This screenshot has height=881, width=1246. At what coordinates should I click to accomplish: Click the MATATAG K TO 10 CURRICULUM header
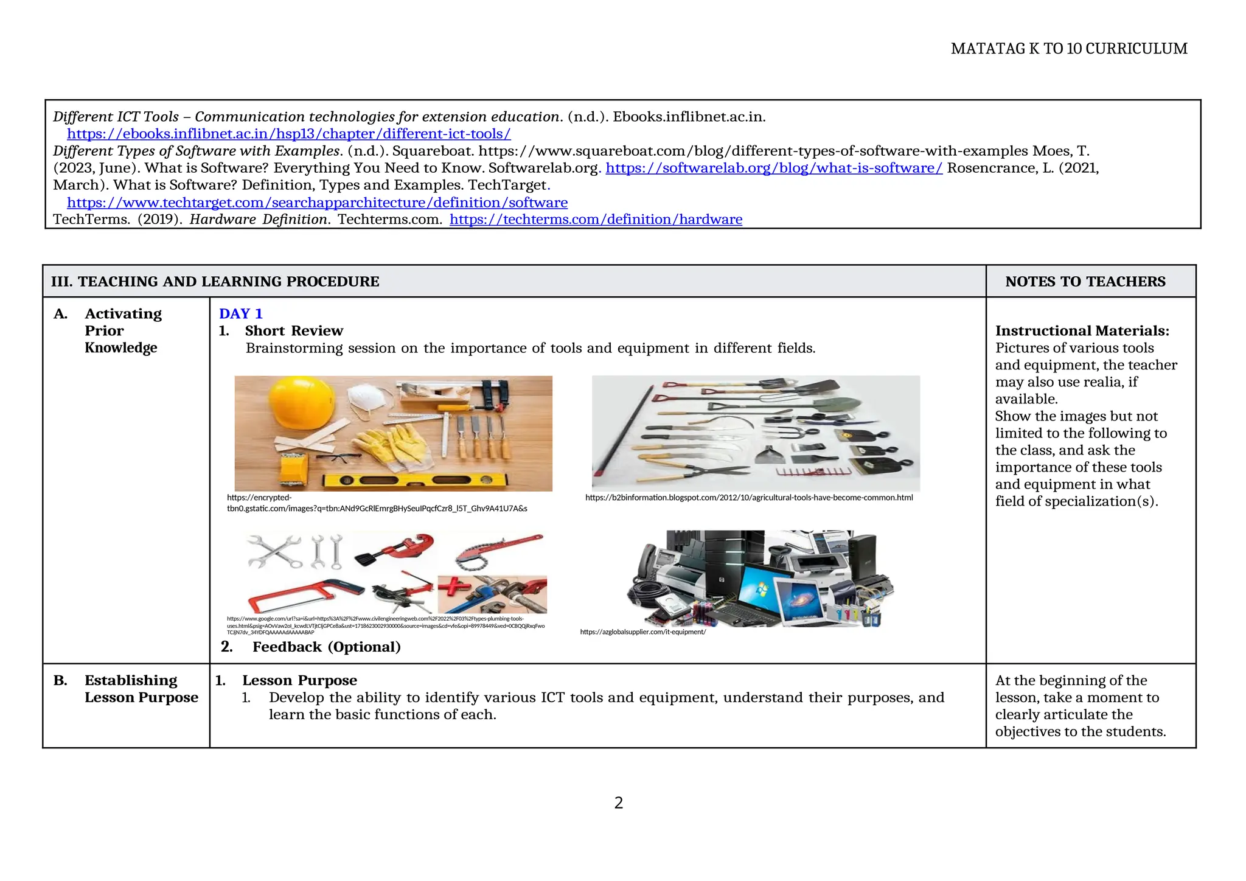tap(1068, 49)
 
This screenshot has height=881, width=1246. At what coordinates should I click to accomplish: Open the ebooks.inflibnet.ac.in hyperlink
tap(288, 134)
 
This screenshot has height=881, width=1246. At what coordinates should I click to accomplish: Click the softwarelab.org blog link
tap(774, 168)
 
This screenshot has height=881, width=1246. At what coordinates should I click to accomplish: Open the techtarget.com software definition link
tap(317, 203)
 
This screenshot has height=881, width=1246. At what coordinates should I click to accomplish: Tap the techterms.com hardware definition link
tap(596, 220)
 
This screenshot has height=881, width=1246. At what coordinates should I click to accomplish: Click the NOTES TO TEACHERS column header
tap(1085, 282)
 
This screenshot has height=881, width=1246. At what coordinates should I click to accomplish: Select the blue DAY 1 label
tap(240, 314)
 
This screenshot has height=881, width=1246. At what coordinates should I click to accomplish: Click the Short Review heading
tap(294, 331)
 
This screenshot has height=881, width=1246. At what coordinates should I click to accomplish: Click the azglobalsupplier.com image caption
tap(642, 632)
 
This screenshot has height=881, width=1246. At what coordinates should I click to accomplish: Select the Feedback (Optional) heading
tap(326, 647)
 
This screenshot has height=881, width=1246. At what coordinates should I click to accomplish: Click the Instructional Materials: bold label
tap(1082, 331)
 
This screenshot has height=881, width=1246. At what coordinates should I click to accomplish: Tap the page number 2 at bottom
tap(619, 803)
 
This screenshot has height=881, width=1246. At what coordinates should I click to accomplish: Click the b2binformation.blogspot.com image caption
tap(749, 498)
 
